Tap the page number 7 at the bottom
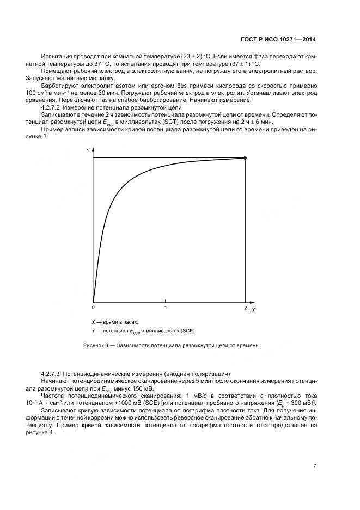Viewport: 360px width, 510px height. pos(315,465)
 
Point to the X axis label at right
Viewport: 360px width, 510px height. pos(253,309)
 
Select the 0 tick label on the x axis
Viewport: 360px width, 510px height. pos(93,308)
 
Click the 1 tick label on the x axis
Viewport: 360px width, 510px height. pos(166,308)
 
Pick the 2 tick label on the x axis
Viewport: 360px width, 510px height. pos(245,308)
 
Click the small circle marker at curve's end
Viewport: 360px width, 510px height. pos(245,158)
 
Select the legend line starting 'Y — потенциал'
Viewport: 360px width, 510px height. pos(143,331)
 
